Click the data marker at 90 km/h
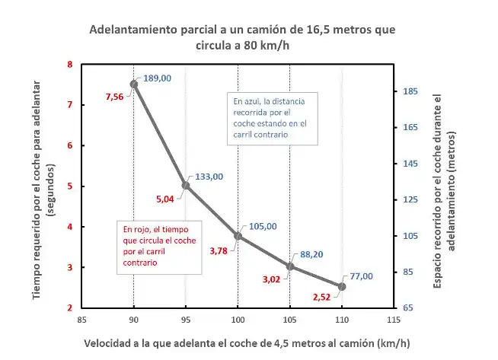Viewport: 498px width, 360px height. pos(134,84)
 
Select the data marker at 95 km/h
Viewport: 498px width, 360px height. pos(186,186)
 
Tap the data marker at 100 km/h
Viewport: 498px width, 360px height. pos(238,236)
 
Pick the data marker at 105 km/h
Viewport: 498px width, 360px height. pos(290,266)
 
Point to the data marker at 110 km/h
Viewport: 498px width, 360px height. pos(342,286)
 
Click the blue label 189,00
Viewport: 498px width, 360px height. pos(158,78)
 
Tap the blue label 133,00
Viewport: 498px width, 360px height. pos(209,176)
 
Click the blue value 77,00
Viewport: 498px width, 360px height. pos(361,276)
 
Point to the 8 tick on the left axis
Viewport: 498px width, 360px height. pos(70,65)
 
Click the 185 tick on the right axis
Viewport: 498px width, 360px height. pos(409,91)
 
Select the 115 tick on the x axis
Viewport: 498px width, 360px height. pos(394,320)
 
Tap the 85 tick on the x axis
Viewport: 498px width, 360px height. pos(81,320)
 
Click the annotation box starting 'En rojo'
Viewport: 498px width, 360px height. pos(160,244)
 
